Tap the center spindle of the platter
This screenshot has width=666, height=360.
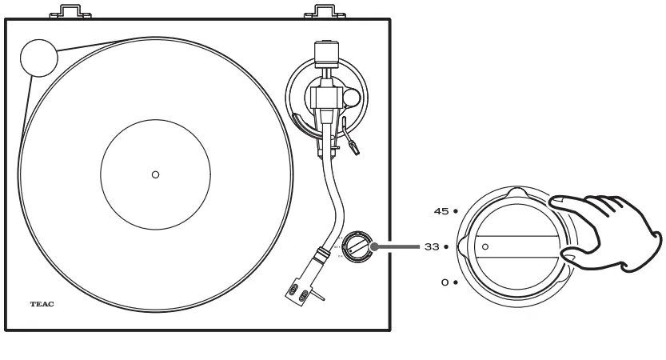(155, 174)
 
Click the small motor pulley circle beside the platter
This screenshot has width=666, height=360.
(38, 57)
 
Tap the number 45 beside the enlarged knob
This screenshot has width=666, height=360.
(441, 211)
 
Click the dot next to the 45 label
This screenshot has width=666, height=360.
(455, 211)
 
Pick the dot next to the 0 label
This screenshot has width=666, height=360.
(455, 282)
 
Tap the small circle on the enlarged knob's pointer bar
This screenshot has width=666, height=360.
(485, 246)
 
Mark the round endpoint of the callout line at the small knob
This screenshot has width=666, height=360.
(373, 246)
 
